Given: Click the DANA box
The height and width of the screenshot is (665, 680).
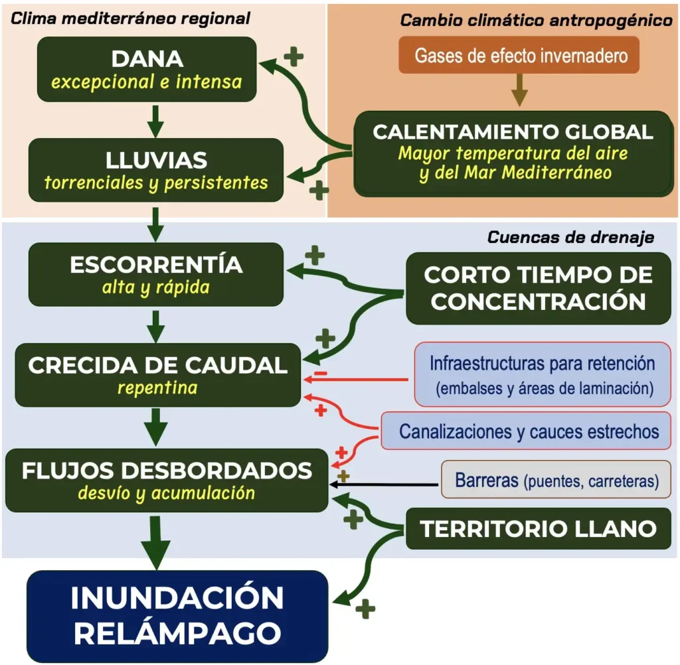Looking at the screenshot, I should [x=147, y=69].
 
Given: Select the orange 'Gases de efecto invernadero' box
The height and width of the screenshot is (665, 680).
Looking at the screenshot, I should [x=521, y=54].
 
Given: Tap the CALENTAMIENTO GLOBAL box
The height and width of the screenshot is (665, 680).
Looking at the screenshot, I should [x=513, y=153].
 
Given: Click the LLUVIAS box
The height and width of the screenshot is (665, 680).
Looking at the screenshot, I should [x=156, y=170].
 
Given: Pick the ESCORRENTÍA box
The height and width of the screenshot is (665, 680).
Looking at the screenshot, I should [x=156, y=275].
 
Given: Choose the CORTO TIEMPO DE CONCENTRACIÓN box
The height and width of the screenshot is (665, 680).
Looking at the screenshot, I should [x=538, y=288].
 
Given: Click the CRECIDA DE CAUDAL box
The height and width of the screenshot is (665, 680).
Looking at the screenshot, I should [x=158, y=374].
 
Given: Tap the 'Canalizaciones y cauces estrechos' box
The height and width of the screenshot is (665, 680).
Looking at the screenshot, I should [x=529, y=431].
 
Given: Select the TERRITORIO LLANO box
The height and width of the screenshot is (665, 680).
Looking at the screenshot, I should [x=538, y=529].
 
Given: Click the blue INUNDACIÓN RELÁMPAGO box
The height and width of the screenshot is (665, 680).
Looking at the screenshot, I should [x=177, y=616].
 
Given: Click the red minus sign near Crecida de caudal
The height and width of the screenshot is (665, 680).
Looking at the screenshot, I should [x=321, y=374].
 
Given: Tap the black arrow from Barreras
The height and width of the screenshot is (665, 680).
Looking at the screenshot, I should [x=385, y=485].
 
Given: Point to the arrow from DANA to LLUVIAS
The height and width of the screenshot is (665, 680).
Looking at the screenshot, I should [x=155, y=120].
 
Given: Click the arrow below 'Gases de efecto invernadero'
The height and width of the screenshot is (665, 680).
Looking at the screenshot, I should [x=520, y=90].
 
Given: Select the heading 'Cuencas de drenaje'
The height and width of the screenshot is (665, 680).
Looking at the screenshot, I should [x=570, y=237].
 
